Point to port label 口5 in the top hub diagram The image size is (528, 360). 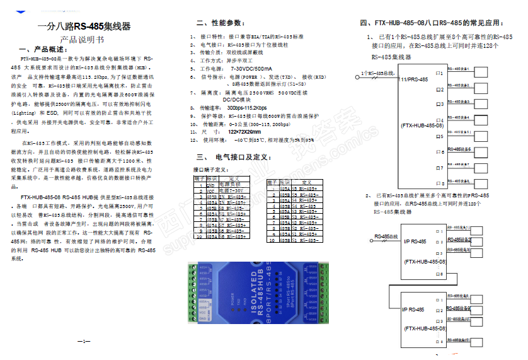tap(440, 136)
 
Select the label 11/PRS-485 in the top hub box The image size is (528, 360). tap(414, 79)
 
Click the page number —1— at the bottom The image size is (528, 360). tap(84, 341)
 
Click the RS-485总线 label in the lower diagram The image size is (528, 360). tap(386, 237)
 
